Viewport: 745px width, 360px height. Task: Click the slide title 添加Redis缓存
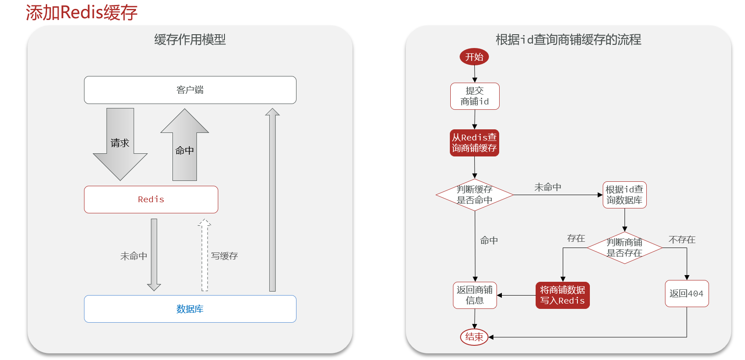(81, 12)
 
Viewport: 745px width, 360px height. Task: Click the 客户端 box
(190, 90)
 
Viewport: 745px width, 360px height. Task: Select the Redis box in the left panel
(151, 200)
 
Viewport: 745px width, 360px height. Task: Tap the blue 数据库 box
(190, 309)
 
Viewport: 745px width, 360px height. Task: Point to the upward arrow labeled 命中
(184, 149)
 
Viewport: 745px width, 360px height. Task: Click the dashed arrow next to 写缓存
(204, 256)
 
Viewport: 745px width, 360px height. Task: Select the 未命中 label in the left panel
(133, 256)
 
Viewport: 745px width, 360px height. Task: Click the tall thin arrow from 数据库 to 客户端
(272, 200)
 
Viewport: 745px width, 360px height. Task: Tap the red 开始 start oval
(474, 57)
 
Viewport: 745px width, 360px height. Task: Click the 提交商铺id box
(475, 96)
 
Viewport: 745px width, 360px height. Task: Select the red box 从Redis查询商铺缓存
(474, 143)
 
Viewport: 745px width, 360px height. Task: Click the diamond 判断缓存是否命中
(474, 195)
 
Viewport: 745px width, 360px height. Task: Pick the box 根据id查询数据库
(624, 195)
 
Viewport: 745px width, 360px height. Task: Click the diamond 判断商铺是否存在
(624, 248)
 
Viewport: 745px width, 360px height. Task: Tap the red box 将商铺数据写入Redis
(562, 295)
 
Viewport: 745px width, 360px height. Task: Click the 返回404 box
(686, 293)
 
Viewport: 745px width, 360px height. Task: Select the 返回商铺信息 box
(474, 295)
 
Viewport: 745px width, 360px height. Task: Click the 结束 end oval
(474, 337)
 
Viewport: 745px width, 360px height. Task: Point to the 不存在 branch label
(681, 240)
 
